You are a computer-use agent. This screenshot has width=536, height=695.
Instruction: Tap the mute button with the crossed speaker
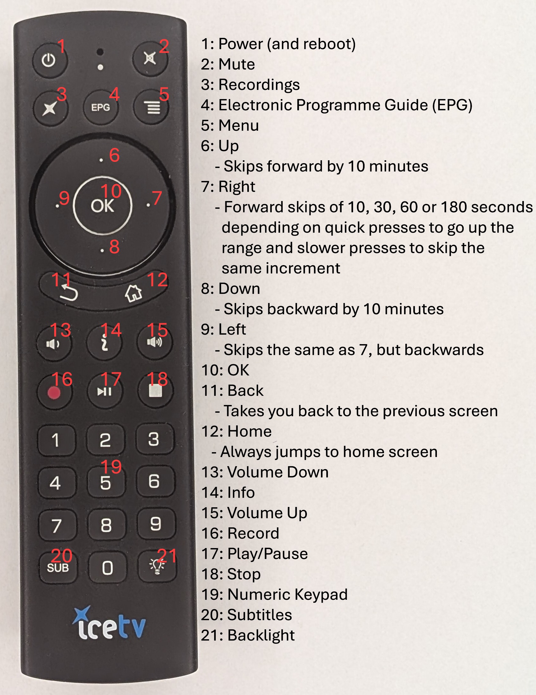[150, 59]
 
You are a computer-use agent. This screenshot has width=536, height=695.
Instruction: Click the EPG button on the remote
[100, 107]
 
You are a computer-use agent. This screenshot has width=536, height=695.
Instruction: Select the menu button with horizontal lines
[152, 108]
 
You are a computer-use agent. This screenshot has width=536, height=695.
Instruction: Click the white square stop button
[155, 390]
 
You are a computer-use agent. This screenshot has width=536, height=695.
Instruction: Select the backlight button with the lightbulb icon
[157, 566]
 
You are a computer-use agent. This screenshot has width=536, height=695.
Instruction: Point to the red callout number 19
[111, 467]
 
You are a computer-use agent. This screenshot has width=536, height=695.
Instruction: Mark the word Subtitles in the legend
[260, 615]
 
